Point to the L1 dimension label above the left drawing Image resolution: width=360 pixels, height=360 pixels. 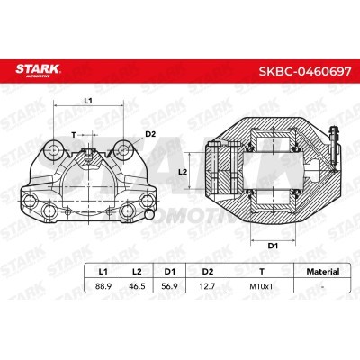pyautogui.click(x=88, y=100)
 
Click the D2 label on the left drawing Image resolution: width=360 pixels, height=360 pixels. pyautogui.click(x=149, y=135)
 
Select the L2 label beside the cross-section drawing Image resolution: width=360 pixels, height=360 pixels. pyautogui.click(x=182, y=170)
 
